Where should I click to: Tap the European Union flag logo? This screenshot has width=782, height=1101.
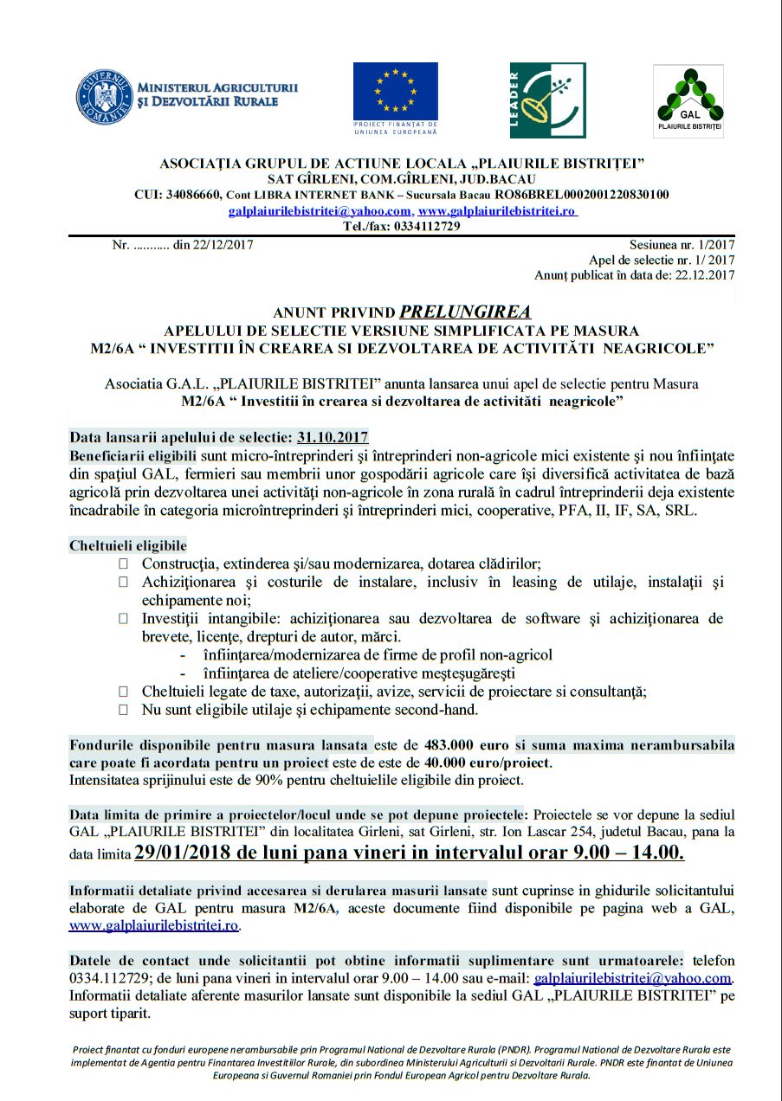click(395, 92)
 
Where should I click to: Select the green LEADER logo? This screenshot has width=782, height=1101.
click(547, 100)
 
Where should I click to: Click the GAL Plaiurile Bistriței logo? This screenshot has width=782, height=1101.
click(688, 100)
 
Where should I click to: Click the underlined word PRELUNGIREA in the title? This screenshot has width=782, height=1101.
click(465, 312)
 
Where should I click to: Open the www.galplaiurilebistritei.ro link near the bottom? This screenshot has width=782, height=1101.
click(153, 925)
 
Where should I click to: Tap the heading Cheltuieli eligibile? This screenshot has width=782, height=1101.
click(127, 546)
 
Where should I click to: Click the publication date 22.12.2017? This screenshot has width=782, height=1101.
click(703, 275)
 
